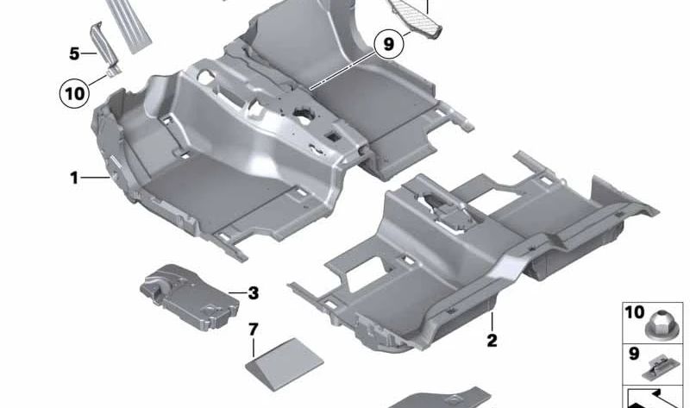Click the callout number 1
(75, 179)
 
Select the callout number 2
(492, 340)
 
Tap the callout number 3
(253, 293)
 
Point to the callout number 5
(74, 53)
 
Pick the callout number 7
(253, 329)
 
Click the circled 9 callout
(389, 43)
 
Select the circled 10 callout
(74, 92)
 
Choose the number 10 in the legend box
(635, 311)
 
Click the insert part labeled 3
(189, 292)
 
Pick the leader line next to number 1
(93, 179)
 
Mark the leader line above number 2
(492, 321)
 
